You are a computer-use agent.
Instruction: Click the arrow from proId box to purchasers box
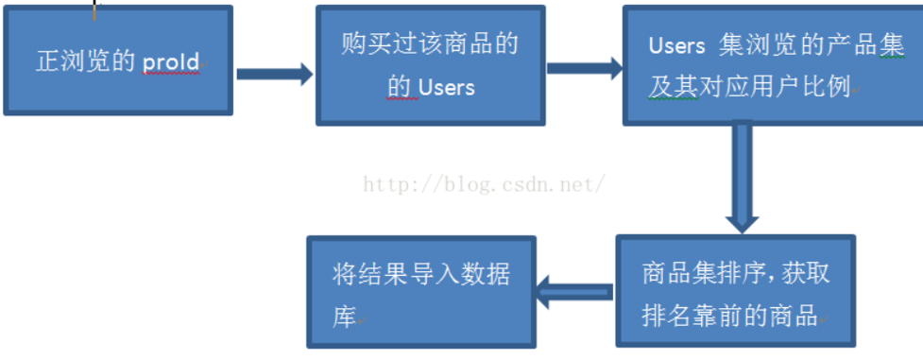pos(274,74)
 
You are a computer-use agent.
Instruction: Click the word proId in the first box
pos(171,62)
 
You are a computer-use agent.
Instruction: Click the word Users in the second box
pos(446,87)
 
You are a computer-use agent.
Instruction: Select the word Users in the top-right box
pos(677,45)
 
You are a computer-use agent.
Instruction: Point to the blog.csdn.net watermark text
pos(484,184)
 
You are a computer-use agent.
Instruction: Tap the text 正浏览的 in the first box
pos(86,62)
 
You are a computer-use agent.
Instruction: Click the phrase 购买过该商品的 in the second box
pos(430,44)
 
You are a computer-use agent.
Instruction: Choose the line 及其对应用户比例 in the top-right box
pos(748,86)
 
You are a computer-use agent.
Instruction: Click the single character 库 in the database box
pos(344,317)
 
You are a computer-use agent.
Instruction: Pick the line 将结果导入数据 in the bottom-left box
pos(421,275)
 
